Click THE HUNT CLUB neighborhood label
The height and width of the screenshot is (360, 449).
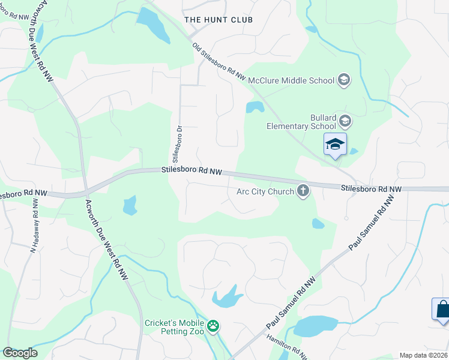click(218, 20)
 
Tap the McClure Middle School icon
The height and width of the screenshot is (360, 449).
click(344, 80)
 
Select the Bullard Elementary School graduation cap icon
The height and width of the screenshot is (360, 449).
click(345, 122)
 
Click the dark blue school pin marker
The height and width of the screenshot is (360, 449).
click(336, 145)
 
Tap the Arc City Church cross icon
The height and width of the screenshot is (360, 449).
click(303, 191)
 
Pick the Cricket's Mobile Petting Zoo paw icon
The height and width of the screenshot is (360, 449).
click(213, 327)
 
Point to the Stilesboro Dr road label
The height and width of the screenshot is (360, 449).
click(177, 144)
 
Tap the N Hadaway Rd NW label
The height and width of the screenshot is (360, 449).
click(34, 226)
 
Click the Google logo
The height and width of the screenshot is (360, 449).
click(20, 353)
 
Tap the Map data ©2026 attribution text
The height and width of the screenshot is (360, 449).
click(423, 355)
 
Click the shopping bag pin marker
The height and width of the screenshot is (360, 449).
click(441, 310)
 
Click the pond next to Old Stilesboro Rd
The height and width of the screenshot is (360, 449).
click(255, 107)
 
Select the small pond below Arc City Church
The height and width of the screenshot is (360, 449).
click(318, 224)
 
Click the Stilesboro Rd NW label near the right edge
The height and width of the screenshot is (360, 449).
click(370, 188)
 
